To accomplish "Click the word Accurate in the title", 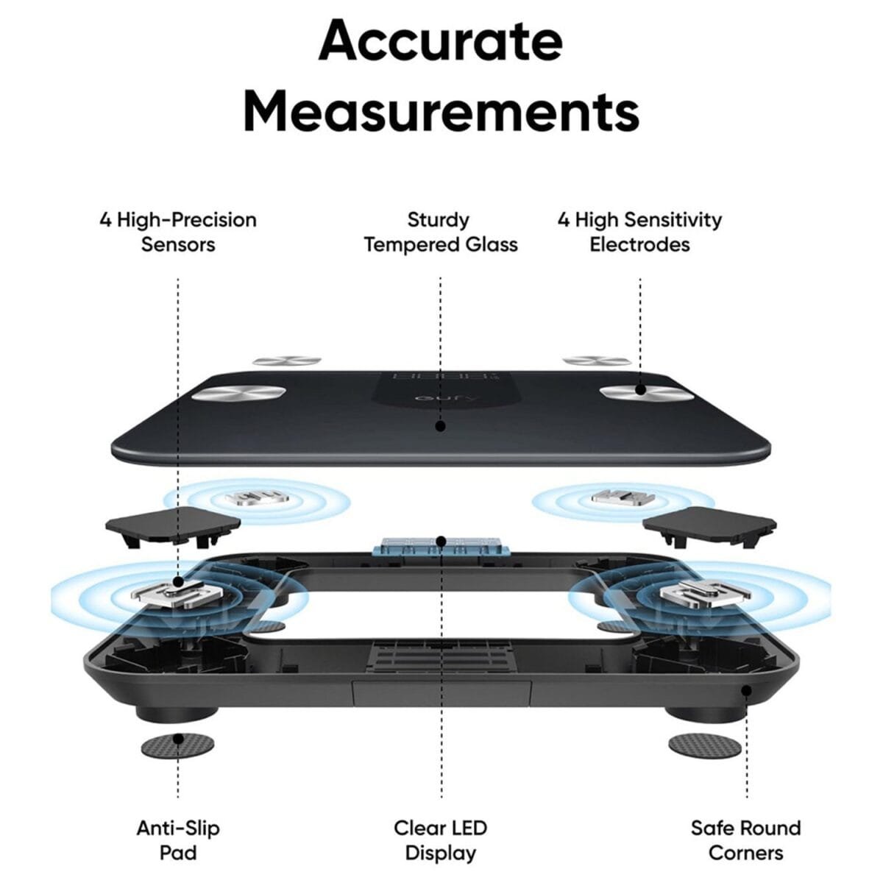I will pos(441,41).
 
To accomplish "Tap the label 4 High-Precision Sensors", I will pos(178,232).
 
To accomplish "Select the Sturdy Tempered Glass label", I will pos(440,232).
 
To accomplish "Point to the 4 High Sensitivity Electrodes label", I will pos(639,232).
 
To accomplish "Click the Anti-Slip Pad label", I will pos(178,840).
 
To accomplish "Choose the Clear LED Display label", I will pos(440,840).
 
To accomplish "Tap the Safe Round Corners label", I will pos(745,840).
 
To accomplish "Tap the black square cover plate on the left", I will pos(173,524).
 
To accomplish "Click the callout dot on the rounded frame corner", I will pos(746,690).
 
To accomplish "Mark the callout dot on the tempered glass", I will pos(440,425).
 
